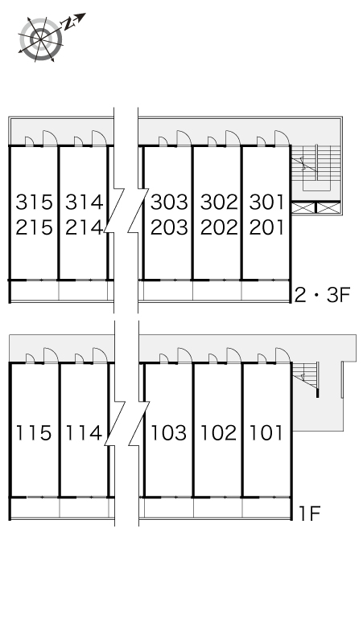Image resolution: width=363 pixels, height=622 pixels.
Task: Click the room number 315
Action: [34, 202]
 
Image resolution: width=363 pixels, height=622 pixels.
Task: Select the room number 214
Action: [84, 227]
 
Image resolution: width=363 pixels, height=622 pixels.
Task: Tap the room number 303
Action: [169, 202]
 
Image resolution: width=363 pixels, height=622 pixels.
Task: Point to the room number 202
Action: [219, 227]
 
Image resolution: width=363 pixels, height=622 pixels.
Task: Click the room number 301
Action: [267, 202]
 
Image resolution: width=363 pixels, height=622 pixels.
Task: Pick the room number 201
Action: [267, 227]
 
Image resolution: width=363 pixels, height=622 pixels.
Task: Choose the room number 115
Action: [33, 432]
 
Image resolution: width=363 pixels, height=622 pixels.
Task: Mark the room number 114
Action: [84, 432]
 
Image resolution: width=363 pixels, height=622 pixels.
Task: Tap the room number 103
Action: [168, 432]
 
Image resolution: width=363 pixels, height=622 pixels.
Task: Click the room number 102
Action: [218, 432]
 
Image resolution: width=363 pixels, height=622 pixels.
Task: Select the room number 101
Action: [266, 432]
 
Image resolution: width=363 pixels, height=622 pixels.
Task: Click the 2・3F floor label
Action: [322, 295]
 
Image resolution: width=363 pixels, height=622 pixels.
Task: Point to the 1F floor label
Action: [309, 514]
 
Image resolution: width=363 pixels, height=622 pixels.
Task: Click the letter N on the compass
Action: [68, 25]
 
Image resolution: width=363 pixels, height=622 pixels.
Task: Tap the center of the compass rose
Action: [40, 39]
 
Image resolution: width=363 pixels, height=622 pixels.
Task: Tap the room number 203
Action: [169, 227]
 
